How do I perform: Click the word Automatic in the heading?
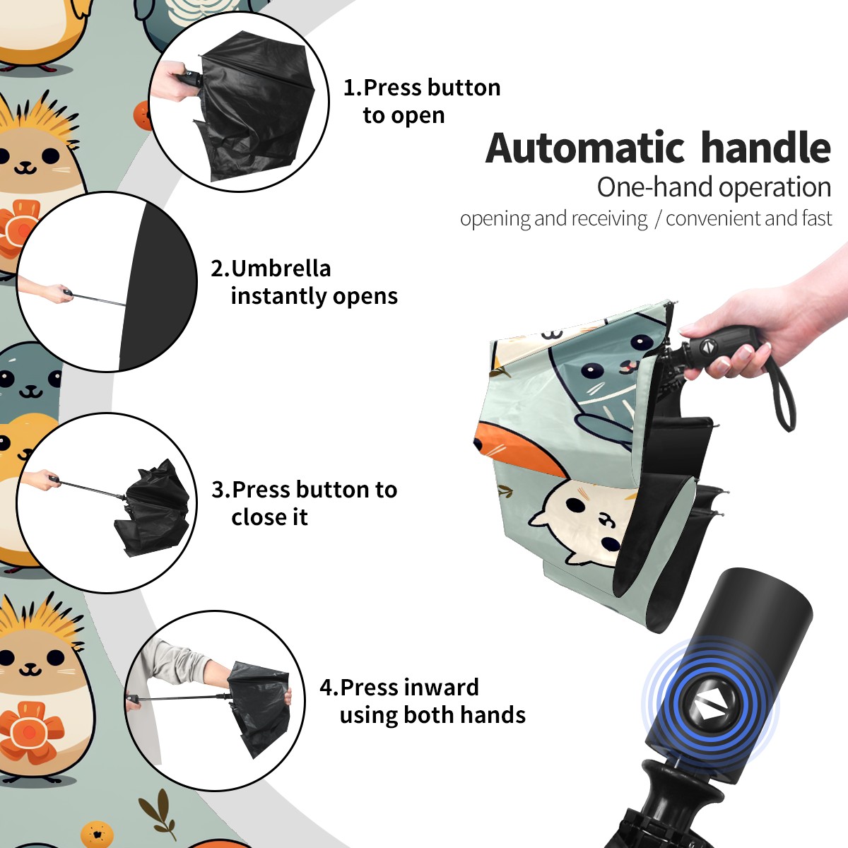[585, 148]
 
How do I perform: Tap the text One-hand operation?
[714, 188]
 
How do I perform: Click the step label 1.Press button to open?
[422, 101]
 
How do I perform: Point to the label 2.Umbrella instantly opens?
[304, 282]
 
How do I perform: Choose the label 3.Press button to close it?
[304, 502]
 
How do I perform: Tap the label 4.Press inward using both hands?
[423, 701]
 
